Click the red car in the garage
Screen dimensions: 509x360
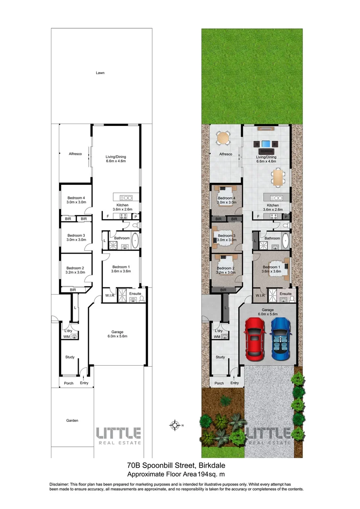(255, 337)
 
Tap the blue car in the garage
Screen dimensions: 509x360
(281, 337)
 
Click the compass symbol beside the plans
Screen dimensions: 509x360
(176, 425)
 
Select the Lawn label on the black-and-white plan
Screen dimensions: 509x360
(100, 73)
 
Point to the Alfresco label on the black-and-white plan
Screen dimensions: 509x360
(76, 154)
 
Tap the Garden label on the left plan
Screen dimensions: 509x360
(72, 420)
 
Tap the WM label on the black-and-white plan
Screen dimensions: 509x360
(66, 337)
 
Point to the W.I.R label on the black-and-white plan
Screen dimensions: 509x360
(110, 296)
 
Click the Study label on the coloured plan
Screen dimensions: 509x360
(220, 357)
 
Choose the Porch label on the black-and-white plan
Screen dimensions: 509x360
(69, 383)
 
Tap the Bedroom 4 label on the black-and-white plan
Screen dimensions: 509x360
(76, 197)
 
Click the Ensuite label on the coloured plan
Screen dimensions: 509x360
(286, 294)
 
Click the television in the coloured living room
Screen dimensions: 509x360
(267, 144)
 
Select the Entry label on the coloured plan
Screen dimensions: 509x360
(235, 383)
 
